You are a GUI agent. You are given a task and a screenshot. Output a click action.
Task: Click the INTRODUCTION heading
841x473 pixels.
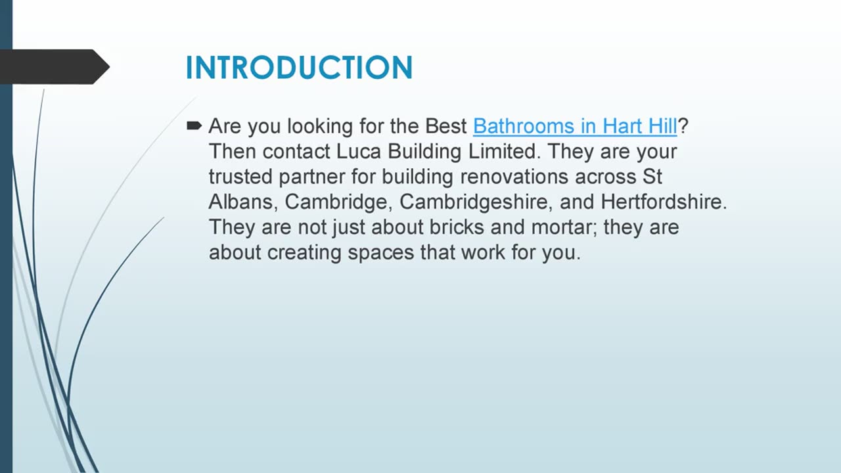click(299, 68)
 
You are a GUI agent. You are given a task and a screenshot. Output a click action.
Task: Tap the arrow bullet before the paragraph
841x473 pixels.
click(194, 125)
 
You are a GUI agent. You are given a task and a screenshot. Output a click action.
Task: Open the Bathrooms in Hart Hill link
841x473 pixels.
click(574, 125)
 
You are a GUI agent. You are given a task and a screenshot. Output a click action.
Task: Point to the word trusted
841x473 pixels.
click(240, 177)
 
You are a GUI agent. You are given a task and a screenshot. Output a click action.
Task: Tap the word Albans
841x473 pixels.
click(240, 202)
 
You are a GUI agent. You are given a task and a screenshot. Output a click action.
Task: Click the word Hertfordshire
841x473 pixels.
click(664, 202)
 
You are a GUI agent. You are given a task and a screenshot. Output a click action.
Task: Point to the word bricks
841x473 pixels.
click(457, 227)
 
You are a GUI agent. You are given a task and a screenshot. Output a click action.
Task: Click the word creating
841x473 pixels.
click(304, 253)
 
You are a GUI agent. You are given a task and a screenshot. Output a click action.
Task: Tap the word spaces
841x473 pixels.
click(381, 253)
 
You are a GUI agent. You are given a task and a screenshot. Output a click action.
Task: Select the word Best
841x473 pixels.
click(446, 125)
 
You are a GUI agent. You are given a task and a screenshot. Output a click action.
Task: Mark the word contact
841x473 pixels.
click(296, 151)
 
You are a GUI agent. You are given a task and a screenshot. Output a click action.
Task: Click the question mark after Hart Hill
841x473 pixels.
click(683, 125)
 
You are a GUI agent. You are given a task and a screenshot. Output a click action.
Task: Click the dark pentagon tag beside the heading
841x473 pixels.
click(53, 67)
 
